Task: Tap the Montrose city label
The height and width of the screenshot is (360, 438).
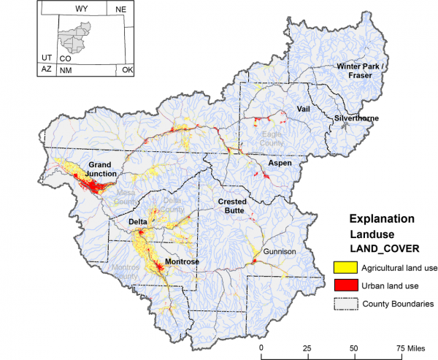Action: (x=177, y=261)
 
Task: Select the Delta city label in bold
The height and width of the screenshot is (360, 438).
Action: (x=138, y=221)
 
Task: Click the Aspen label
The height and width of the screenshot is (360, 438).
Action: (x=280, y=163)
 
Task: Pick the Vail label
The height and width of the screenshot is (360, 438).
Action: (x=304, y=109)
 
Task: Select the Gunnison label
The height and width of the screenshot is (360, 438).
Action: (x=278, y=252)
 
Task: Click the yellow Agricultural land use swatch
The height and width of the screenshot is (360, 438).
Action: (x=343, y=267)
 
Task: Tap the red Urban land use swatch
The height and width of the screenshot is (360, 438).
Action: (x=343, y=286)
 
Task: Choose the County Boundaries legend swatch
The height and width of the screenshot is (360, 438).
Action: (x=343, y=303)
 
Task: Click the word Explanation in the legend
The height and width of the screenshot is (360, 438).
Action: (x=382, y=218)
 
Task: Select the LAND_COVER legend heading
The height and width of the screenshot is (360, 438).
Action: (x=383, y=248)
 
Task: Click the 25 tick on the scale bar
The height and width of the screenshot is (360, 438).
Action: (x=307, y=348)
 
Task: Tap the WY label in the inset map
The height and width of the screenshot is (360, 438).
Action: (x=82, y=8)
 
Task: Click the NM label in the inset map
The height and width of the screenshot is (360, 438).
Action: (x=66, y=70)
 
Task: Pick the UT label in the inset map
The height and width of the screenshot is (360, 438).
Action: (x=46, y=57)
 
